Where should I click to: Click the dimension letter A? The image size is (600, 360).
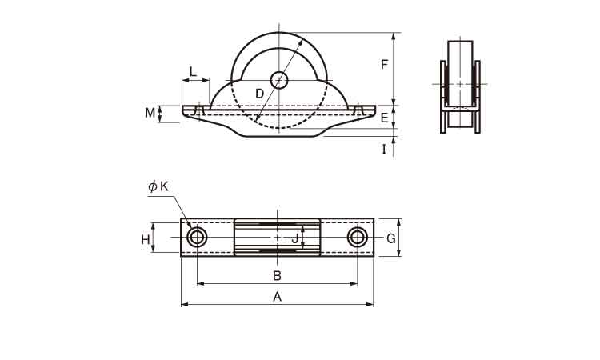click(278, 296)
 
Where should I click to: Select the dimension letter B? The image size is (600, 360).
click(277, 275)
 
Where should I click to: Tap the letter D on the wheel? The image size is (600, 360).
click(259, 94)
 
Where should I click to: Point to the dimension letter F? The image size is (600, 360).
click(385, 65)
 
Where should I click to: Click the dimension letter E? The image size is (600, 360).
click(385, 118)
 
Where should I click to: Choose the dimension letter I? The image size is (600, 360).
click(384, 149)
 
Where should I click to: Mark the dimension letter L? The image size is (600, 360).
click(193, 72)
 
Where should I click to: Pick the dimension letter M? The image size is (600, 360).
click(150, 114)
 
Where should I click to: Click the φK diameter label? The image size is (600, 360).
click(158, 186)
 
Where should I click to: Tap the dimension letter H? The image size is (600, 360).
click(145, 239)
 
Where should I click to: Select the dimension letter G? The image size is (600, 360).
click(390, 238)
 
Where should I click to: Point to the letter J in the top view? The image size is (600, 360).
click(294, 238)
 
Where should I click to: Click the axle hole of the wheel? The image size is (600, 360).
click(278, 80)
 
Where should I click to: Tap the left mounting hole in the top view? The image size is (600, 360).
click(197, 238)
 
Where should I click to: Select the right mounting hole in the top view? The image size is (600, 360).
click(358, 237)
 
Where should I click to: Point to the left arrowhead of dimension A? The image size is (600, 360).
click(183, 304)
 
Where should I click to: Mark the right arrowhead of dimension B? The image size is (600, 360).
click(355, 283)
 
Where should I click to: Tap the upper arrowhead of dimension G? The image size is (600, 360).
click(398, 222)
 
